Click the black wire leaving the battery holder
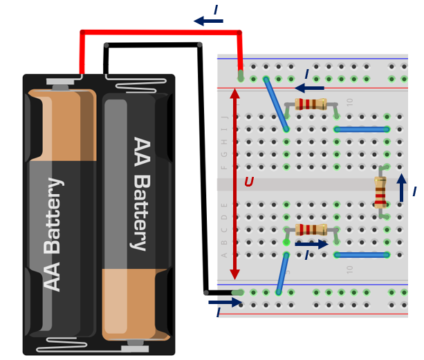pyautogui.click(x=152, y=46)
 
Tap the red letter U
pyautogui.click(x=248, y=183)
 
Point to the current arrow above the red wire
pyautogui.click(x=208, y=21)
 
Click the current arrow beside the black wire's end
pyautogui.click(x=225, y=302)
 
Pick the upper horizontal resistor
pyautogui.click(x=311, y=104)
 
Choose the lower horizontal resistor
pyautogui.click(x=311, y=229)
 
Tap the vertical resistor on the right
pyautogui.click(x=380, y=192)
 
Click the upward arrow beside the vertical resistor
pyautogui.click(x=401, y=187)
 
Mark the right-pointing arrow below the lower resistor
pyautogui.click(x=312, y=244)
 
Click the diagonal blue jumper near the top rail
pyautogui.click(x=276, y=104)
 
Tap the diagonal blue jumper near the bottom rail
pyautogui.click(x=282, y=274)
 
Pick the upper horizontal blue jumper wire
pyautogui.click(x=362, y=129)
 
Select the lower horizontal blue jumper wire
pyautogui.click(x=362, y=255)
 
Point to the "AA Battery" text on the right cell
pyautogui.click(x=140, y=193)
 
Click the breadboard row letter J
pyautogui.click(x=224, y=117)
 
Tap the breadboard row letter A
pyautogui.click(x=224, y=255)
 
